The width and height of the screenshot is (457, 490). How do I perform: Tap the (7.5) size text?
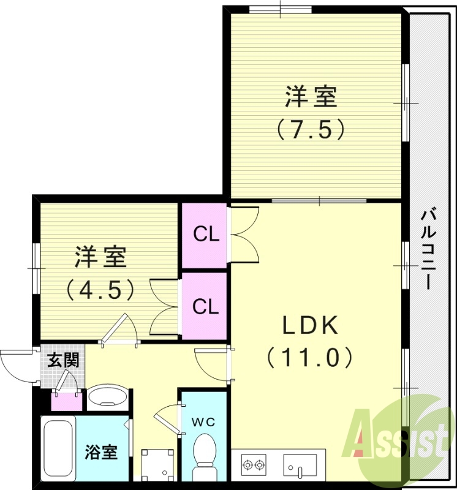tap(311, 129)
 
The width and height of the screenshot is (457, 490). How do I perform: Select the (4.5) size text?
tap(102, 288)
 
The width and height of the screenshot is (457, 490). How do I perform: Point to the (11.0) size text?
tap(310, 356)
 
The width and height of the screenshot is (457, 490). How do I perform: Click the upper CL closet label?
tap(206, 233)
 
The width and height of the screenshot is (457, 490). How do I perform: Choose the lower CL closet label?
tap(206, 306)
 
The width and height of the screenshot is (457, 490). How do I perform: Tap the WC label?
tap(203, 422)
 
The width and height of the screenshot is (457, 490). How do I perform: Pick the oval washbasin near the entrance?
tap(107, 398)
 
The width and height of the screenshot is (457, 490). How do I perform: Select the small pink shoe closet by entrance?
tap(66, 401)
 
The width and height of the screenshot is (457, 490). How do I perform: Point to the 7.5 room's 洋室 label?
tap(311, 97)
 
